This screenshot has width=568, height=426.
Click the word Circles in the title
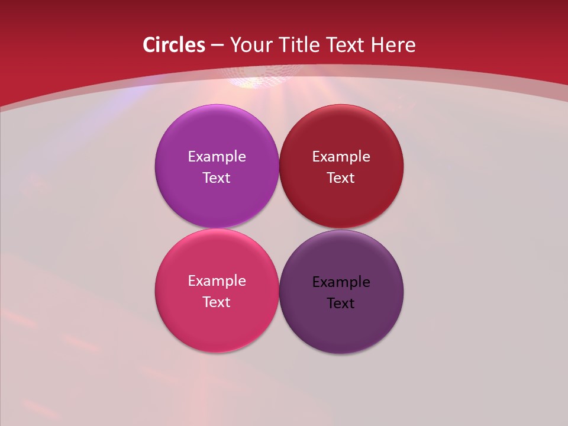(173, 45)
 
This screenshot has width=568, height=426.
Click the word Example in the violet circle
(217, 157)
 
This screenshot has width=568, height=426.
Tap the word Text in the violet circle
(217, 178)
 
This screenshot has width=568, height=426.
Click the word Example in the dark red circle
(341, 157)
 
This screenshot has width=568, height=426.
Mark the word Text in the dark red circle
(341, 178)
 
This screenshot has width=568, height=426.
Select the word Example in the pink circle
(217, 281)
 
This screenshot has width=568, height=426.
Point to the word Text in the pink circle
(217, 302)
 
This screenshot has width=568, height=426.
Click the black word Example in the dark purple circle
(341, 282)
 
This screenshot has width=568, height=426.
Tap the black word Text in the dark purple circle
(341, 304)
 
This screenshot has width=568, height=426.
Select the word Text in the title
(345, 45)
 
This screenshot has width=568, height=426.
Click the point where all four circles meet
(279, 228)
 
